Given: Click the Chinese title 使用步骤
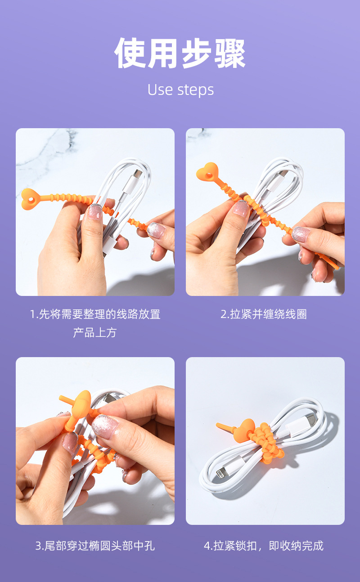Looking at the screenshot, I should [x=180, y=53].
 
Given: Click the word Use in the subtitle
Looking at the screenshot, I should [x=160, y=90].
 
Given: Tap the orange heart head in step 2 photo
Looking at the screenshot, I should [x=207, y=173].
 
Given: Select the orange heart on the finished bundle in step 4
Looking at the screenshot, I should [x=247, y=427].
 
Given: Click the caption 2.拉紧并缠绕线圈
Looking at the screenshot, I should [x=264, y=314].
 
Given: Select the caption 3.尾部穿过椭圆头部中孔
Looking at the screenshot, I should [x=95, y=546].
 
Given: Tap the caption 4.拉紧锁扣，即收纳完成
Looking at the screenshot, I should [x=264, y=546].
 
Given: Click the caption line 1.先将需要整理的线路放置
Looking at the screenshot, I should [x=95, y=314].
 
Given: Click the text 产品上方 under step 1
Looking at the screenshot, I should [x=95, y=333].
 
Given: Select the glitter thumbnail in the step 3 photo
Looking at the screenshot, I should [x=104, y=425].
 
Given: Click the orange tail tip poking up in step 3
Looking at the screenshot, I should [x=63, y=398].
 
